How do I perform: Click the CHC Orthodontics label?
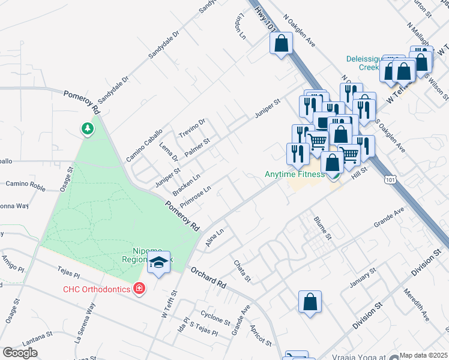pyautogui.click(x=97, y=289)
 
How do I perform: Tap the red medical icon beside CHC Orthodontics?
pyautogui.click(x=140, y=289)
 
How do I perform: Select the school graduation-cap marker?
pyautogui.click(x=159, y=263)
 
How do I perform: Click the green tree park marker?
pyautogui.click(x=88, y=128)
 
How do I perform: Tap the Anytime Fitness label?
pyautogui.click(x=295, y=175)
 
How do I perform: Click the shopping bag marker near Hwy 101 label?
pyautogui.click(x=281, y=43)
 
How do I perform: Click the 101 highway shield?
pyautogui.click(x=391, y=179)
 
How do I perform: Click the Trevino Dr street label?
pyautogui.click(x=193, y=127)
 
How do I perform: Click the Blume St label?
pyautogui.click(x=322, y=227)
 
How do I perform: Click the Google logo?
pyautogui.click(x=20, y=353)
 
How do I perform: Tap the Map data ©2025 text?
pyautogui.click(x=423, y=355)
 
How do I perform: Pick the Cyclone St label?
pyautogui.click(x=215, y=317)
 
